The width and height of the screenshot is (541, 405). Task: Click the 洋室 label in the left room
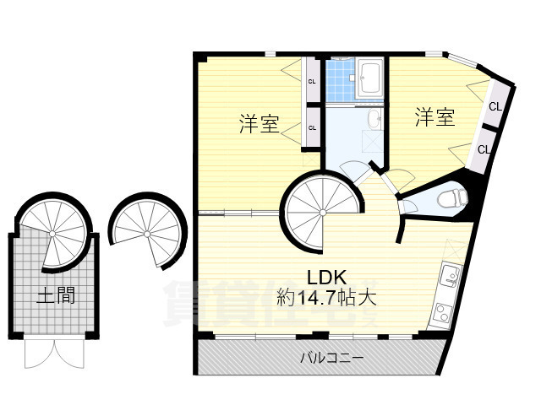point(259,125)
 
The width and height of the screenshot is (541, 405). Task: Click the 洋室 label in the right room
point(434,117)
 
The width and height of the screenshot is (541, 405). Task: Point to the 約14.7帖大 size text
point(325,297)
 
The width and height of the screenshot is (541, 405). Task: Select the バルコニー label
point(332,358)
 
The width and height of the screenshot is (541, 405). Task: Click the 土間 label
point(52,295)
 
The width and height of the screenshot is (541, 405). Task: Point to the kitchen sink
point(449,273)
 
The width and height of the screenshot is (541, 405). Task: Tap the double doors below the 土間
point(55,352)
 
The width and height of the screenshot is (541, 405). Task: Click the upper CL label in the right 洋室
point(495,106)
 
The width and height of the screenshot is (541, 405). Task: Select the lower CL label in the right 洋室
point(484,149)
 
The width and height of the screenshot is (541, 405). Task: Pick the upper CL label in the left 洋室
point(312,82)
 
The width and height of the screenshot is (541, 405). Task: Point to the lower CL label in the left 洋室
point(312,127)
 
